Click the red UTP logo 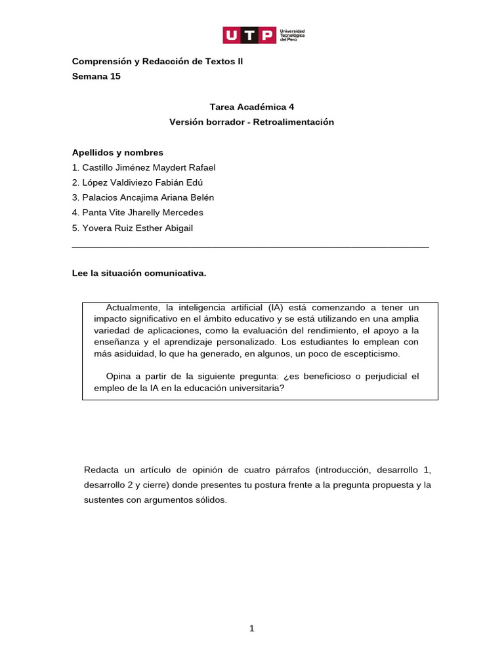[249, 35]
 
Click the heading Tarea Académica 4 [252, 106]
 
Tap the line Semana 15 [96, 76]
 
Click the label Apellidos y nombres [117, 152]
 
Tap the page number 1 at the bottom [251, 629]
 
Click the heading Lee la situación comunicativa [139, 273]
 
